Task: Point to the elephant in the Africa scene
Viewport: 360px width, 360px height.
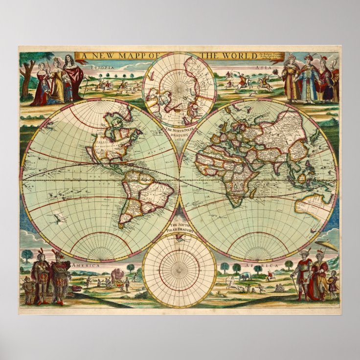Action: [245, 276]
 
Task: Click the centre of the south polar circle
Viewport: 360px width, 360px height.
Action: [180, 270]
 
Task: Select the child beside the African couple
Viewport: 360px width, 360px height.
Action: [334, 284]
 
